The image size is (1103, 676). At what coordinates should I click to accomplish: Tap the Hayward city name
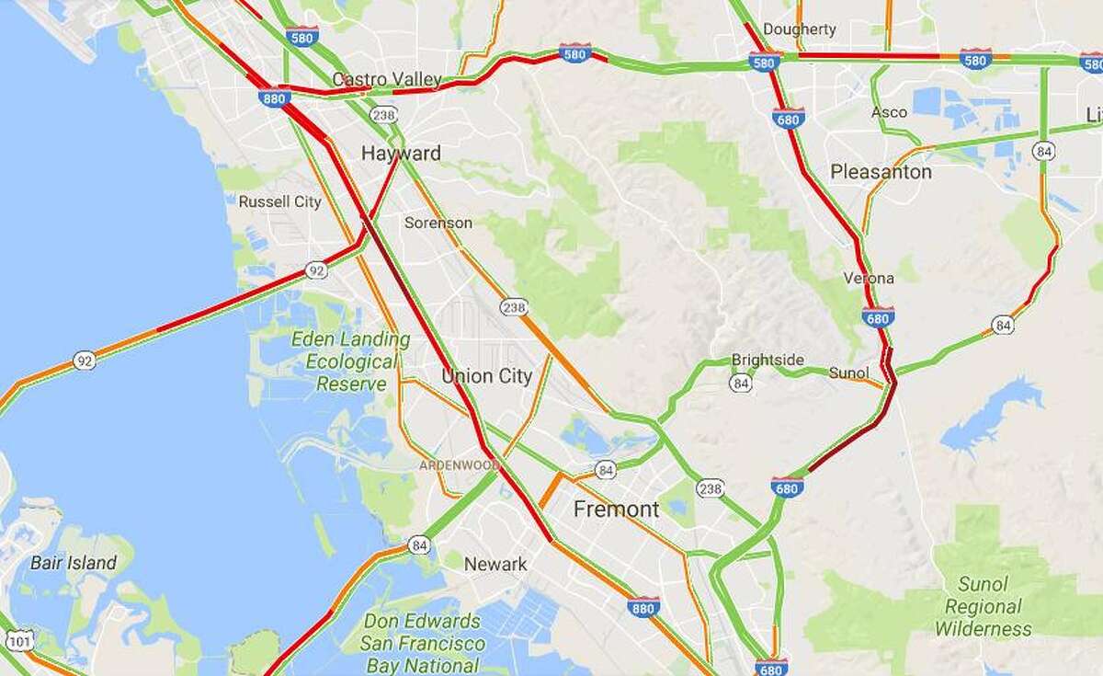[401, 153]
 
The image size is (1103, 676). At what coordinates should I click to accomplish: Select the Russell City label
[279, 201]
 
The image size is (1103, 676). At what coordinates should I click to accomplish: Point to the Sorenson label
[438, 223]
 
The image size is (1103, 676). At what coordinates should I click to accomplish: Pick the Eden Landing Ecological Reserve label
[344, 361]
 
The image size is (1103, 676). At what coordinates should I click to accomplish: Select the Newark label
[495, 564]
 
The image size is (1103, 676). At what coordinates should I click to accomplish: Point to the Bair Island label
[74, 563]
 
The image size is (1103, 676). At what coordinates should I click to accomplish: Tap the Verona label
[869, 278]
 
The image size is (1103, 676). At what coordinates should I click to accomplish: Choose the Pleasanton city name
[881, 172]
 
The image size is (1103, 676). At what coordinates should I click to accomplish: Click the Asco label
[889, 112]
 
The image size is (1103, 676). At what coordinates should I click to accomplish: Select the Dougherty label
[800, 29]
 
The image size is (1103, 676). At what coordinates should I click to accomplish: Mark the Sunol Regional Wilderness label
[983, 606]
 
